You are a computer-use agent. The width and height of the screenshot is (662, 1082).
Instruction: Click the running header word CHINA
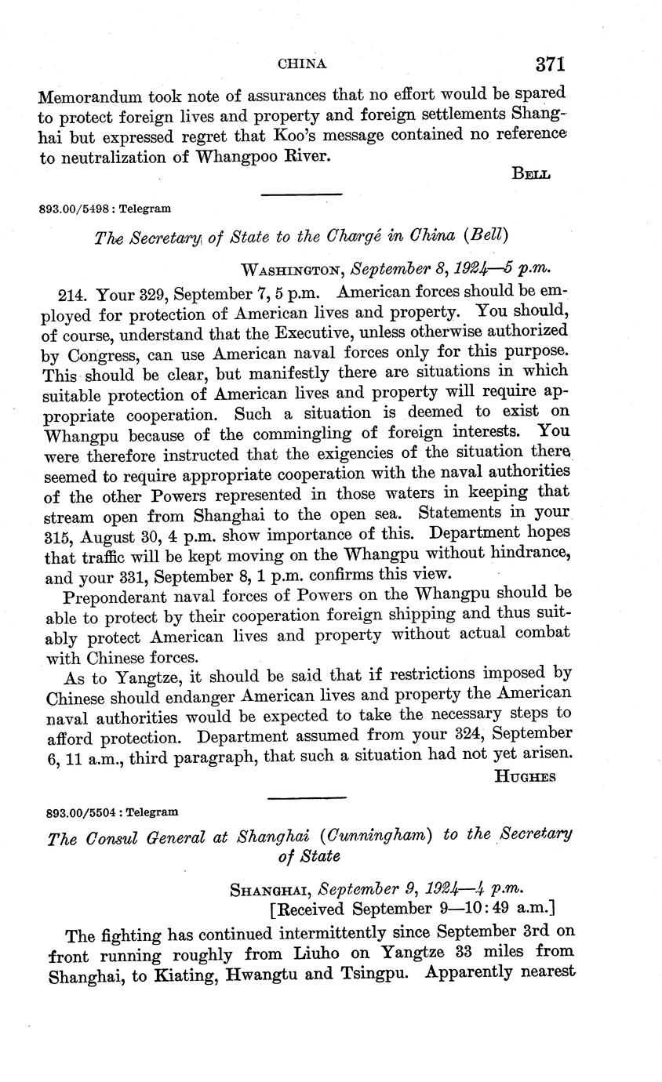tap(302, 64)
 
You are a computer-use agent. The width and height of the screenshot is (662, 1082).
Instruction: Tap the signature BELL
tap(530, 174)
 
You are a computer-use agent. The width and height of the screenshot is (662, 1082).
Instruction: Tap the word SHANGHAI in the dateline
tap(263, 890)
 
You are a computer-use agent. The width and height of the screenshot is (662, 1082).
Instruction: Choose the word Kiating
tap(202, 975)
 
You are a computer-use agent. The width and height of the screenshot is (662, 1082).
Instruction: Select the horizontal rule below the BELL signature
tap(301, 194)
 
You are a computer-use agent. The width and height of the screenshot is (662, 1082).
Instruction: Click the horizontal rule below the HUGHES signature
tap(307, 798)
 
